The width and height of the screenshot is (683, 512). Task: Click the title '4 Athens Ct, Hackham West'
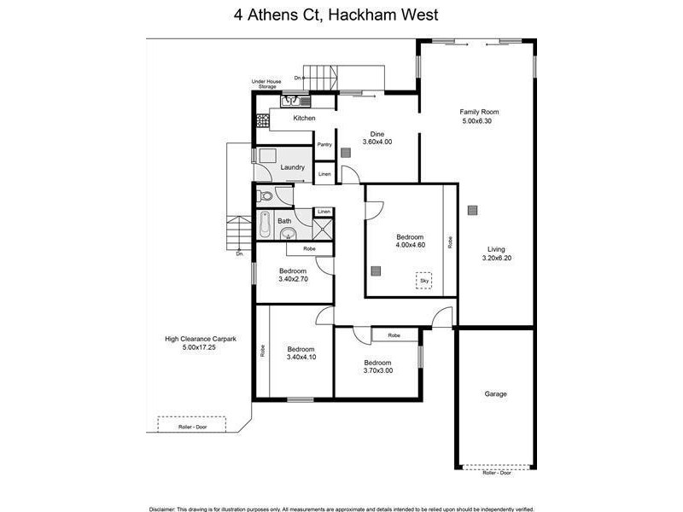pos(341,15)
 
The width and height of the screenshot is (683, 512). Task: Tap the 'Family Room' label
pos(479,112)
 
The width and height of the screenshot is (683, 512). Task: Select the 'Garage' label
pos(496,394)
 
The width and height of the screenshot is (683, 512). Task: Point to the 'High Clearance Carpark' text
pos(201,339)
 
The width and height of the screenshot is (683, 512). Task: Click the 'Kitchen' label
pos(304,118)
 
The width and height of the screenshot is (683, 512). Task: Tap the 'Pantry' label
pos(324,144)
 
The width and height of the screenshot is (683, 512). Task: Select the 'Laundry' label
pos(293,167)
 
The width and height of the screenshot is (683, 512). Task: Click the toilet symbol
pos(266,196)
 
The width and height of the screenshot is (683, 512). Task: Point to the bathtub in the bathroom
pos(266,226)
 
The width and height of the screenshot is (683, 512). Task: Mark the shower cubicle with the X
pos(324,228)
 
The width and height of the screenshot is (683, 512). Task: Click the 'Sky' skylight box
pos(423,280)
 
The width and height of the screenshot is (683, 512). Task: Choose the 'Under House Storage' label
pos(266,84)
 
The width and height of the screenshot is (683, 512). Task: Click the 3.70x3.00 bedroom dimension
pos(377,369)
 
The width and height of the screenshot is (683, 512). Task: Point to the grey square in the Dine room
pos(346,154)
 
